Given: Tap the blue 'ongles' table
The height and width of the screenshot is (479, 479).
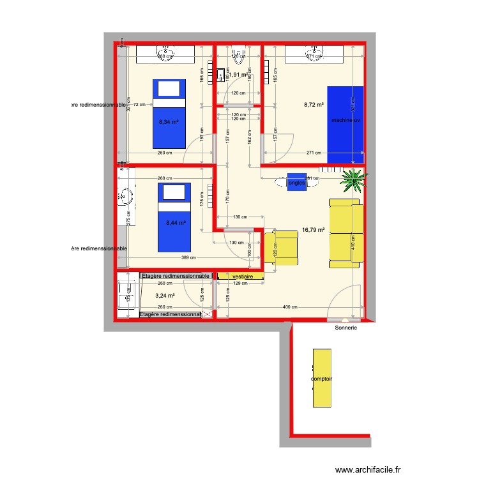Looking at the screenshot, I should pos(296,182).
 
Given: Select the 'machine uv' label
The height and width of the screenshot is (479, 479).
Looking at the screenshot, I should pos(345,120).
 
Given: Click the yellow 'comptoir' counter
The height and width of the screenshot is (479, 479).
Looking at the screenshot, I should pos(322,378).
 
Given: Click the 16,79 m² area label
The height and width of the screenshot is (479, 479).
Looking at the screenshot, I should pos(314,231).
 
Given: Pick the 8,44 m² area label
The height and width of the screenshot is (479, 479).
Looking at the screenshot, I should pos(175,223).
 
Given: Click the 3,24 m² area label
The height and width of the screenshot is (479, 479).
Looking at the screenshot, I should pos(165,296).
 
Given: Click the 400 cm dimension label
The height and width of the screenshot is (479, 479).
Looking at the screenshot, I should pos(290,307).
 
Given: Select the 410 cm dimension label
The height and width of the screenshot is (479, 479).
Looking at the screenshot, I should pos(353,243).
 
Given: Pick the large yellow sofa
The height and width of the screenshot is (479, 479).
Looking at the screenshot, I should pos(346,233).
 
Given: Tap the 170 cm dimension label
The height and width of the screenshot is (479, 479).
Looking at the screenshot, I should pos(227,195).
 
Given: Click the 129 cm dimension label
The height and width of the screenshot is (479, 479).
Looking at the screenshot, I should pos(240,283).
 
